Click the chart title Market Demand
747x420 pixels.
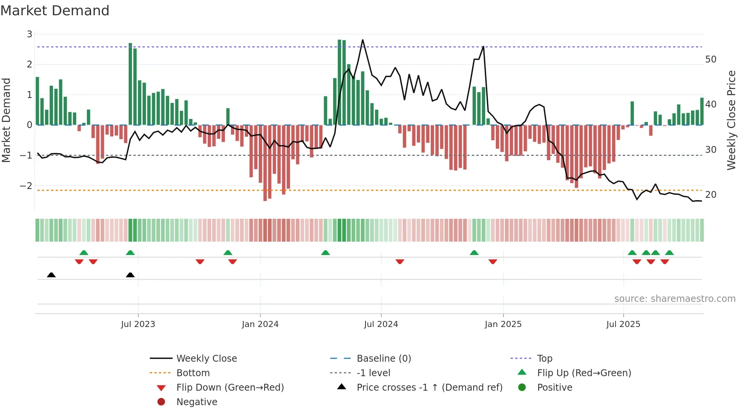point(55,11)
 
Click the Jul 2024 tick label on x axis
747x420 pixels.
point(381,324)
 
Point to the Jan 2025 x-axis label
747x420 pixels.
point(503,324)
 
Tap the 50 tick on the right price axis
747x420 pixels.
point(710,59)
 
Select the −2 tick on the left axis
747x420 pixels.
point(26,186)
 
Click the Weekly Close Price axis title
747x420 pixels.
point(731,120)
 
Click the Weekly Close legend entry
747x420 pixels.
point(206,359)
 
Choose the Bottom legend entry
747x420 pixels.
point(193,373)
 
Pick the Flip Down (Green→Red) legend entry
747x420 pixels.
point(230,388)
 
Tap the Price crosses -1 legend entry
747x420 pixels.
point(429,388)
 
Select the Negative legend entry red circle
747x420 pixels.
point(161,402)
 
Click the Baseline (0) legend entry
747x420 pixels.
point(383,359)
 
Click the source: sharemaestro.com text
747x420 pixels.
point(675,299)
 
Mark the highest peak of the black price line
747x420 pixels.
point(362,40)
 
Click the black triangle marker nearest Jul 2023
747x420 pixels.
point(130,275)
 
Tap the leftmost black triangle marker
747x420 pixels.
point(51,275)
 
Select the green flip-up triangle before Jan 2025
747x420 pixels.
point(474,253)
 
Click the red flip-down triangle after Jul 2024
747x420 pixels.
point(400,261)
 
